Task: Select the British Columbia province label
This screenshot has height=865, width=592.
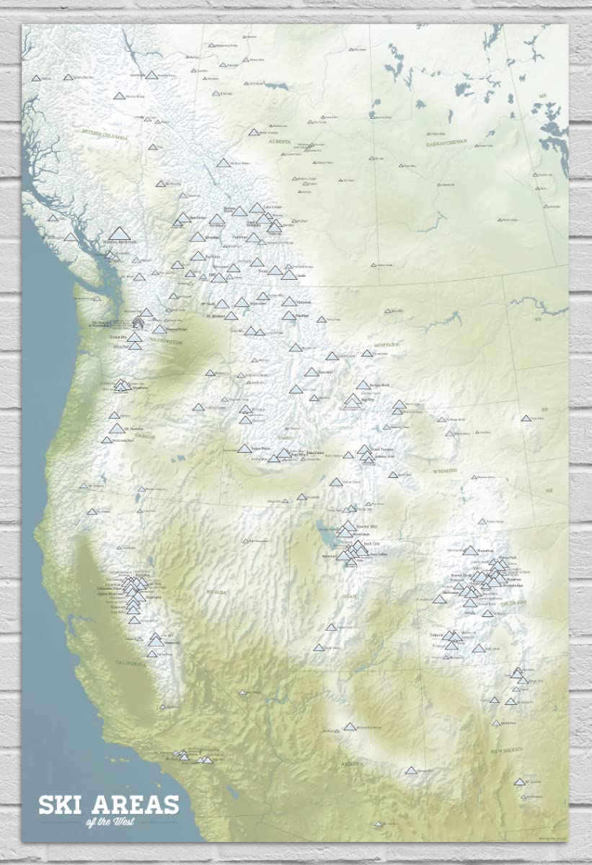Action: point(105,135)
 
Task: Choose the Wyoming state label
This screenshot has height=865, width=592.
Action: point(446,470)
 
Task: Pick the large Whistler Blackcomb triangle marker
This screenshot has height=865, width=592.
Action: point(120,233)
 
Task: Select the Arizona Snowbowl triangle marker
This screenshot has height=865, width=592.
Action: point(350,727)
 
